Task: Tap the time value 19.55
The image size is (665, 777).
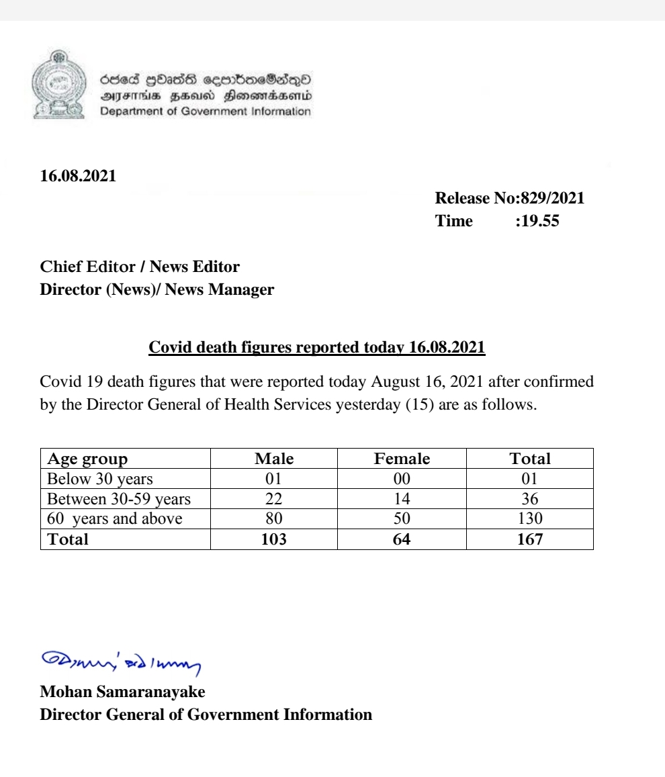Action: (537, 221)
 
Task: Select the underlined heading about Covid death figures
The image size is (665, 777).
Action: (316, 347)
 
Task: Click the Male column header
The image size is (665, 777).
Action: (274, 459)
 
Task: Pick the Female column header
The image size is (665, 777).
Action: (402, 459)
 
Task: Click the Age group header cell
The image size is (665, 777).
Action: (87, 459)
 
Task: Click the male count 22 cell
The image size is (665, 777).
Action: (274, 499)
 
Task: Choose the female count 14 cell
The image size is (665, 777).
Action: (402, 499)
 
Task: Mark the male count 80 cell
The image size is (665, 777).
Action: (274, 518)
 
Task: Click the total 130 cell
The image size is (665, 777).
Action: (530, 518)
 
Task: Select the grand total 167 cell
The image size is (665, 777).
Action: (530, 539)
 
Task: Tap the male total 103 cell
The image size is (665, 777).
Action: (274, 539)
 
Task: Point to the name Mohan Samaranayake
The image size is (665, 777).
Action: (122, 691)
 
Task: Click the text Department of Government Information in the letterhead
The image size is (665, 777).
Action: (206, 111)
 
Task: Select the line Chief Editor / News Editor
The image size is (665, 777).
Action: (140, 267)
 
